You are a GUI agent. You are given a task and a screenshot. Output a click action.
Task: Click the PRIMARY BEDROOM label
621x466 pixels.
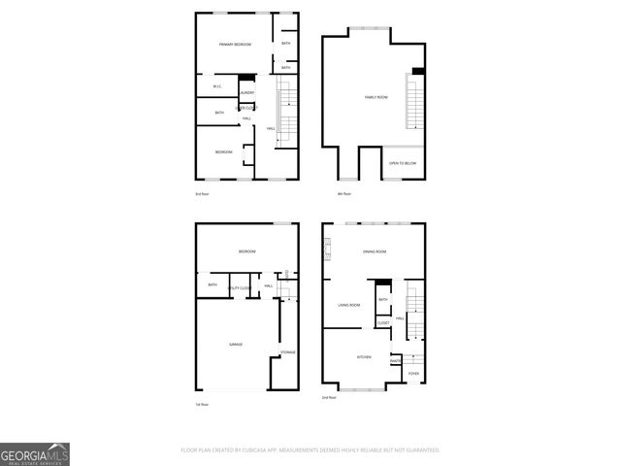pos(235,45)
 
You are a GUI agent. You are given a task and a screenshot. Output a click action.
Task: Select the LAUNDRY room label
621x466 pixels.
pos(247,92)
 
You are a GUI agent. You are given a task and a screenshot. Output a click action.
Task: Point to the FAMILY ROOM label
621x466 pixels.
pos(376,97)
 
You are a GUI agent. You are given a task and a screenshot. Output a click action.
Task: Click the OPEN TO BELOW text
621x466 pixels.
pos(403,163)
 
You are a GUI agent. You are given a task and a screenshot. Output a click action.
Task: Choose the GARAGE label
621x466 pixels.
pos(236,345)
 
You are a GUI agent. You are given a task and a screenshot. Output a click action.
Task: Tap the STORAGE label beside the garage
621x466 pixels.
pos(288,351)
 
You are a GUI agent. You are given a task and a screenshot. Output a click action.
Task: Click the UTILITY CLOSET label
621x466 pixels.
pos(241,288)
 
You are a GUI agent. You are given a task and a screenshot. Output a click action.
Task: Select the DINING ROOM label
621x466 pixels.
pos(376,252)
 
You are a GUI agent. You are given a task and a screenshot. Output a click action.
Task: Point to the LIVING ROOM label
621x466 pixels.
pos(349,305)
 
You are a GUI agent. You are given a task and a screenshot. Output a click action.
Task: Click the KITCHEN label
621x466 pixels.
pos(364,357)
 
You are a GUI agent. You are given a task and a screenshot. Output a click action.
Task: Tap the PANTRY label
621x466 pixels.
pos(396,361)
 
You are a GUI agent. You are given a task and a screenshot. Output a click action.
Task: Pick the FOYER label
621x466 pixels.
pos(413,373)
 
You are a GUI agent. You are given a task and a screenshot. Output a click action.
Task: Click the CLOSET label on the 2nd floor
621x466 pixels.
pos(383,322)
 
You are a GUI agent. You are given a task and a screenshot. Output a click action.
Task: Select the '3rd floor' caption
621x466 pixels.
pos(203,194)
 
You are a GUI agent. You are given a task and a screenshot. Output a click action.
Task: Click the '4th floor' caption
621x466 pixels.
pos(343,194)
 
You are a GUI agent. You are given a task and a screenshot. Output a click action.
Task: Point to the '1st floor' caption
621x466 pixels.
pos(203,404)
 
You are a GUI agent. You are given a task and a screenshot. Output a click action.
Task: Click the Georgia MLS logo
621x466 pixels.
pos(35,453)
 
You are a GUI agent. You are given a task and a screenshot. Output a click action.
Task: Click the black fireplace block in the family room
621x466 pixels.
pos(417,71)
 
